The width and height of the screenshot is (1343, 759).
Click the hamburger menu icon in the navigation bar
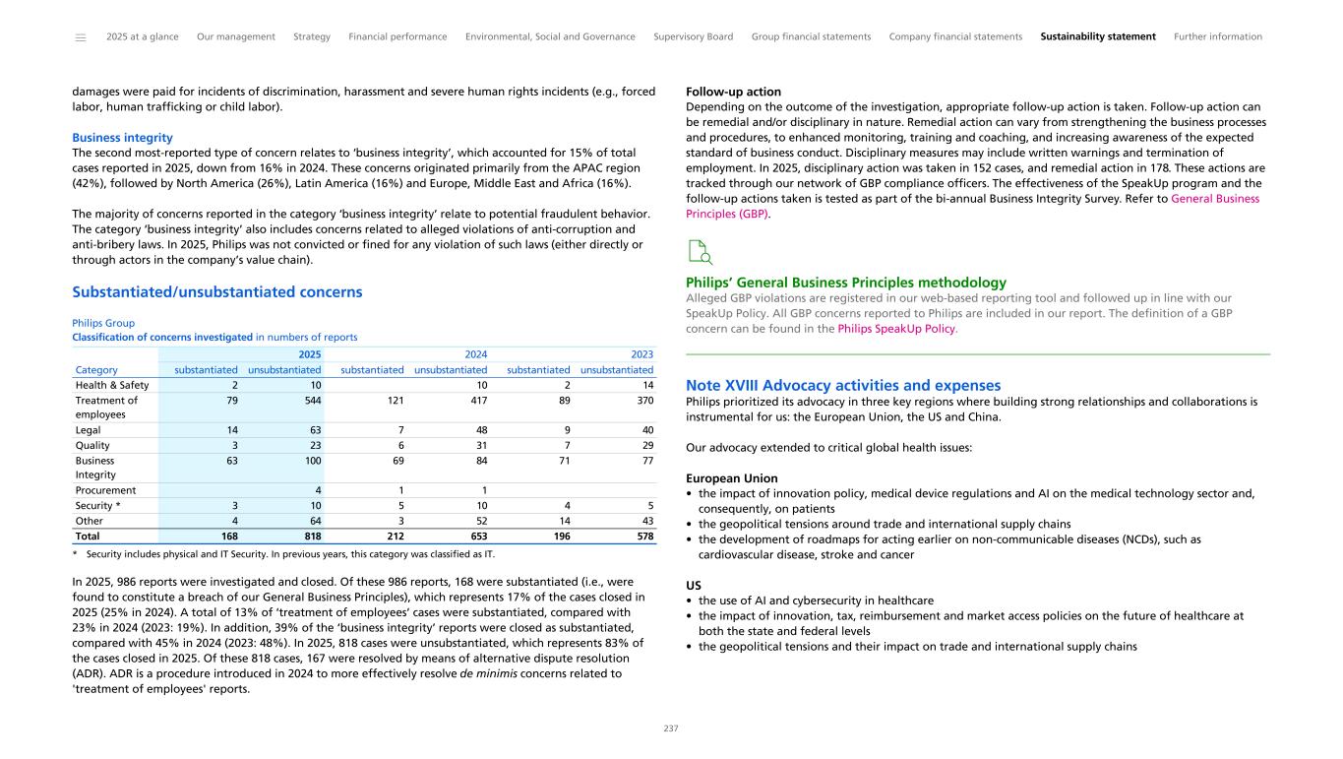pos(80,37)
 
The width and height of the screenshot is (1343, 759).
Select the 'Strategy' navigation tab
pos(312,36)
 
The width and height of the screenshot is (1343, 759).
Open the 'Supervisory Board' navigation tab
pos(693,36)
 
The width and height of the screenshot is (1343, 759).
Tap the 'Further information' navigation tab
pos(1217,36)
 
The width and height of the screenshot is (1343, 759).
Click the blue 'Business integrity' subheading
pos(122,138)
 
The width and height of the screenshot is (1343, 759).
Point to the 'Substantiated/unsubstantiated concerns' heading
pos(217,292)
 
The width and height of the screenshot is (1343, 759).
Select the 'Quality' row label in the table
pos(92,444)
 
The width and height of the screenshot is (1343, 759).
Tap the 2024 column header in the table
pos(476,353)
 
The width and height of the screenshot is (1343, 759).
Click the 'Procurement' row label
pos(105,489)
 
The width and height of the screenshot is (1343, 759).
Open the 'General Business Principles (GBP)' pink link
pos(1214,199)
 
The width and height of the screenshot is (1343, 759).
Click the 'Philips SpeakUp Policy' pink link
pos(895,329)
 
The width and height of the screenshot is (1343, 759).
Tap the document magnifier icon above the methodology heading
pos(701,253)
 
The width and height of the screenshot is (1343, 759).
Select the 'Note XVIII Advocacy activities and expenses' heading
pos(843,385)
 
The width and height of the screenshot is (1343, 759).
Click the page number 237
pos(671,728)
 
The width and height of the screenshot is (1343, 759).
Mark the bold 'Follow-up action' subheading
pos(733,92)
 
